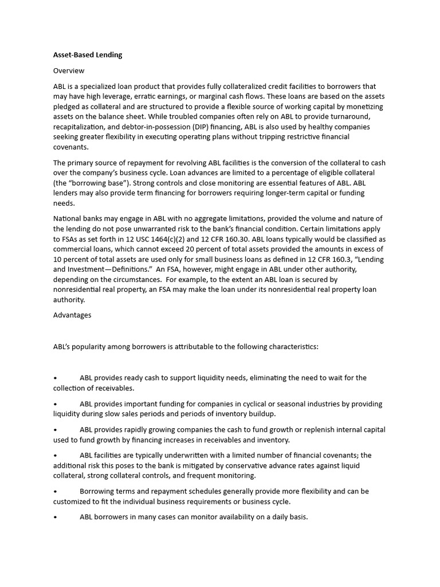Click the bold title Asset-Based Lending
coord(88,55)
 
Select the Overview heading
coord(69,71)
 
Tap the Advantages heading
coord(72,315)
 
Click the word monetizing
coord(363,107)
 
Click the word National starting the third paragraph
coord(68,219)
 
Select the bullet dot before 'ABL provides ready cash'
coord(55,378)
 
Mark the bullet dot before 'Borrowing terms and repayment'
coord(55,491)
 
